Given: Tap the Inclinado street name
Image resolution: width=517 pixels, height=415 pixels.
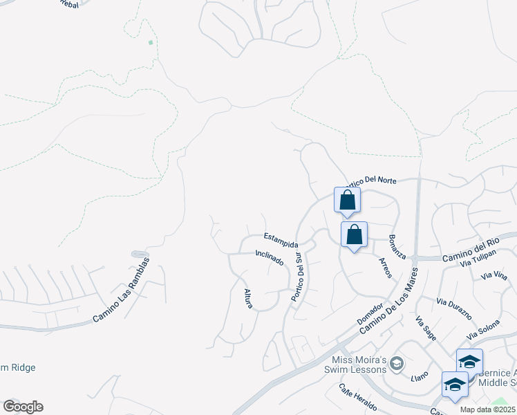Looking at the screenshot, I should [270, 258].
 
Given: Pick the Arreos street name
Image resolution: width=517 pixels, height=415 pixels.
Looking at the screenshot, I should [385, 268].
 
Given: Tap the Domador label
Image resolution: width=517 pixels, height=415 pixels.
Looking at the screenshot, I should [370, 314].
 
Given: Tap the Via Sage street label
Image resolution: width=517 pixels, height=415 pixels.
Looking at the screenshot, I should [426, 328].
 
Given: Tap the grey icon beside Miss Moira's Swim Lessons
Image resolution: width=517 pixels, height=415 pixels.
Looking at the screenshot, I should [397, 362].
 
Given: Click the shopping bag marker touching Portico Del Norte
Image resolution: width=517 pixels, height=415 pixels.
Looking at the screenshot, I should [347, 200].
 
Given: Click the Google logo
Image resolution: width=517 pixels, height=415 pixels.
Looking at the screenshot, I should [23, 407].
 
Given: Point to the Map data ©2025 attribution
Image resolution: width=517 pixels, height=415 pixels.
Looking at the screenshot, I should [488, 409].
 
